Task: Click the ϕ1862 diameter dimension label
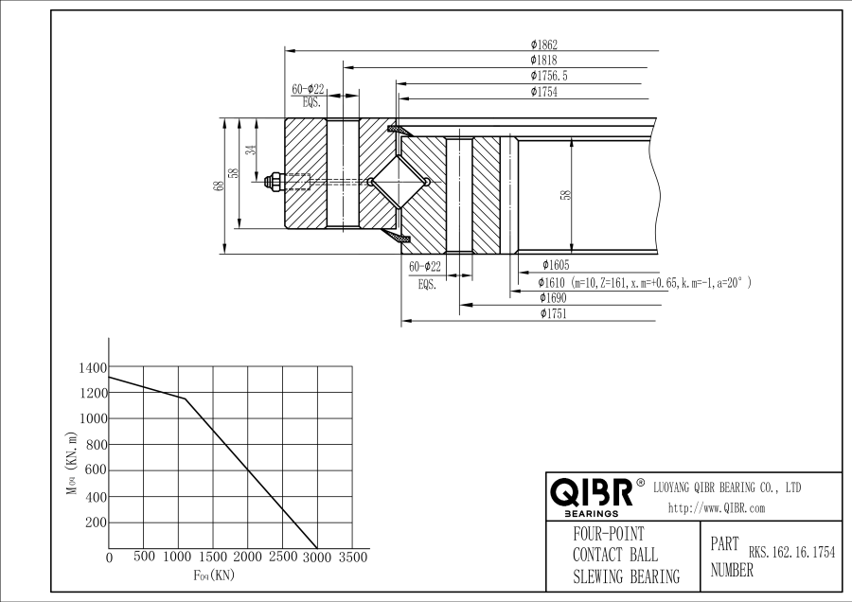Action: tap(544, 44)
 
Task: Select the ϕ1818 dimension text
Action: tap(543, 61)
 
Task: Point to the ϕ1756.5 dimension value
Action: tap(549, 76)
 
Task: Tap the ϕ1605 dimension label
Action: tap(556, 265)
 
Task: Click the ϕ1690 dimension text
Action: tap(553, 298)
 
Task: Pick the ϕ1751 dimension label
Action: tap(553, 313)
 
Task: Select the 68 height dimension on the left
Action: tap(220, 186)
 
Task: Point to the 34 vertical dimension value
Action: tap(251, 150)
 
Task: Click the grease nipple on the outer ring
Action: tap(274, 182)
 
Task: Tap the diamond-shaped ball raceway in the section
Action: tap(399, 182)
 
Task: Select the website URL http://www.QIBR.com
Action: tap(717, 508)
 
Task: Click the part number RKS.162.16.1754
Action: tap(791, 553)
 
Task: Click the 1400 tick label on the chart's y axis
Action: tap(93, 368)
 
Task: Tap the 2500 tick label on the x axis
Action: tap(283, 557)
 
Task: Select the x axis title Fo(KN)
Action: tap(214, 575)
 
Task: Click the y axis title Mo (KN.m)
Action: tap(72, 464)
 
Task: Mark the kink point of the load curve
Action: tap(185, 398)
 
